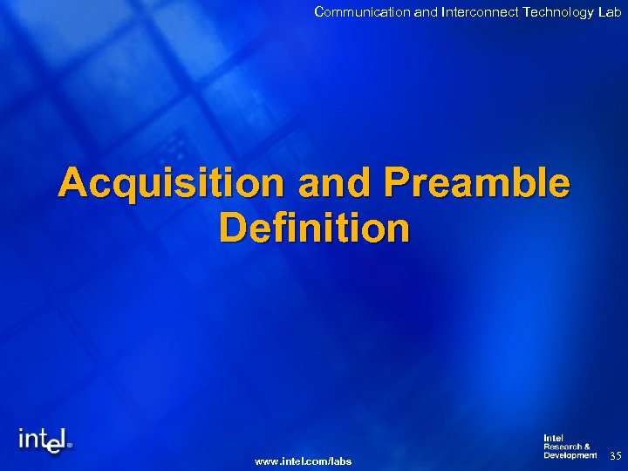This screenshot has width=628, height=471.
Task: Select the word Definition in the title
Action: pos(314,228)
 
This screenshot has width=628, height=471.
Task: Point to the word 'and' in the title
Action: pos(327,184)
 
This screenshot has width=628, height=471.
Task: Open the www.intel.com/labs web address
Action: pos(303,461)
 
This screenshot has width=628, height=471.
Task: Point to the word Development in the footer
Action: pos(570,455)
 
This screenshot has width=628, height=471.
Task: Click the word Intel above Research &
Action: pos(554,438)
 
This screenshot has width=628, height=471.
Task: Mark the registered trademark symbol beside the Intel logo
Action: pos(70,443)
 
